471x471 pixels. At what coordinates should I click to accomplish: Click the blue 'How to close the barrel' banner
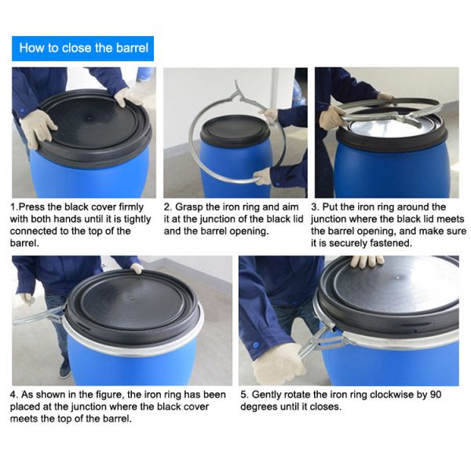pos(83,48)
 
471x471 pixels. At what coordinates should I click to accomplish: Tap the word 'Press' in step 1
pos(35,207)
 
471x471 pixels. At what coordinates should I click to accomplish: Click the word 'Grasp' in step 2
pos(192,207)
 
